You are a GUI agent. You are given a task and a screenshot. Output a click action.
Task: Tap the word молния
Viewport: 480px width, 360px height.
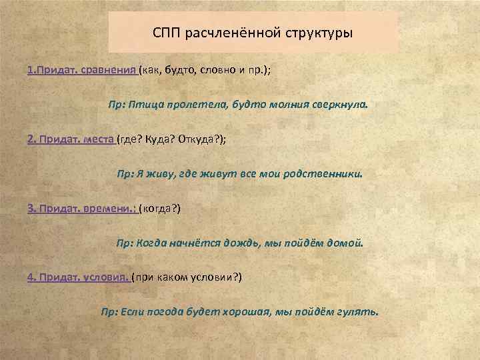coord(285,105)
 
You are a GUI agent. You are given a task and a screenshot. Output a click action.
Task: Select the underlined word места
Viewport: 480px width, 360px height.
coord(99,139)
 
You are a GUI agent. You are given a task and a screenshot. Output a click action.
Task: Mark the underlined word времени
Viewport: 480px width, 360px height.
coord(110,209)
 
